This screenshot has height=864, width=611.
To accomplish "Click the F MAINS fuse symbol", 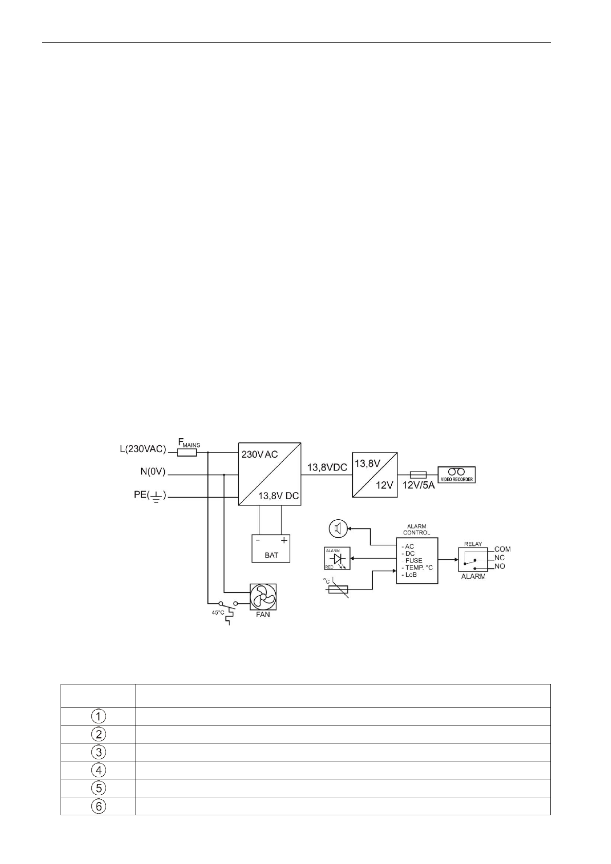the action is pyautogui.click(x=188, y=453).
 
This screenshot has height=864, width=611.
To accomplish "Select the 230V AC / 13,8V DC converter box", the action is pyautogui.click(x=270, y=474).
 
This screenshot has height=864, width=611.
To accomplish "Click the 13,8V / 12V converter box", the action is pyautogui.click(x=375, y=474).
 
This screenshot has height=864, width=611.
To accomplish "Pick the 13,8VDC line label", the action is pyautogui.click(x=327, y=468).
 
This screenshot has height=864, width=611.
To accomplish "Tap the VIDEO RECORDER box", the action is pyautogui.click(x=456, y=475).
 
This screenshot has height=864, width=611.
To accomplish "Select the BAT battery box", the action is pyautogui.click(x=271, y=548).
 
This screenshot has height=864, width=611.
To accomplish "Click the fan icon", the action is pyautogui.click(x=263, y=596).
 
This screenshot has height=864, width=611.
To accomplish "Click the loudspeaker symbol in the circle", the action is pyautogui.click(x=338, y=528).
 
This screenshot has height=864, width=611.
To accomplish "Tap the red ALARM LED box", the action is pyautogui.click(x=337, y=558).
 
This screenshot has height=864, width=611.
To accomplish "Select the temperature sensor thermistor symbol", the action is pyautogui.click(x=337, y=590).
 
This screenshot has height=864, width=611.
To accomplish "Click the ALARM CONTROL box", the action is pyautogui.click(x=417, y=560).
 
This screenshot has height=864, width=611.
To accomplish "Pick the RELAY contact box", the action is pyautogui.click(x=473, y=559).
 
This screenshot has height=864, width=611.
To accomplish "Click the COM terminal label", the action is pyautogui.click(x=502, y=549).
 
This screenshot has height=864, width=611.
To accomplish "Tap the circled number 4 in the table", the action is pyautogui.click(x=98, y=770).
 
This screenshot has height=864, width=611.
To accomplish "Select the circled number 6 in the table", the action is pyautogui.click(x=98, y=806).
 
